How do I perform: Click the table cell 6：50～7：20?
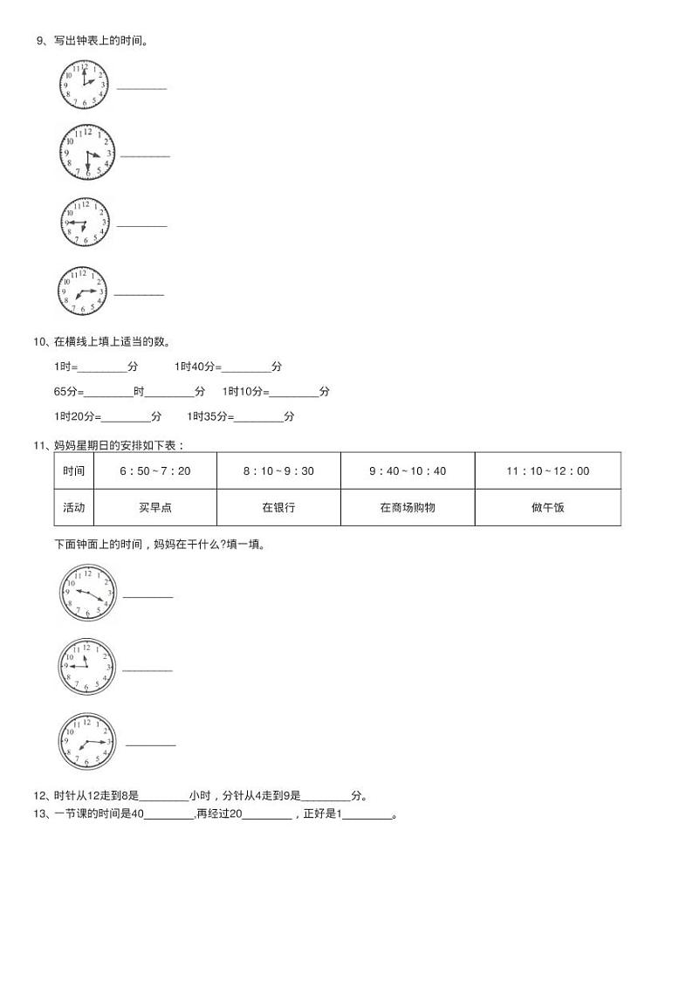tap(155, 470)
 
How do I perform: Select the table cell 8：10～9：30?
tap(278, 470)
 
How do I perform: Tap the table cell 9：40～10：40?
tap(408, 470)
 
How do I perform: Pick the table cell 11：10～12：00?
tap(547, 470)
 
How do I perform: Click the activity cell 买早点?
tap(155, 507)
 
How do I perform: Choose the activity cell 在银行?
tap(278, 507)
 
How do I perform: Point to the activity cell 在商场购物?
tap(408, 507)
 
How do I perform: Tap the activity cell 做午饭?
tap(547, 507)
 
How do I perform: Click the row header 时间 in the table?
tap(74, 470)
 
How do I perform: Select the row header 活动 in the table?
tap(74, 507)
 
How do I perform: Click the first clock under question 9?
tap(84, 85)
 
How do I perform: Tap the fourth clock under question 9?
tap(82, 291)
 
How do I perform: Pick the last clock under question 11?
tap(87, 742)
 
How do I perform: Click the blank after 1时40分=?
tap(246, 367)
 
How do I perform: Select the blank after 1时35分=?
tap(258, 417)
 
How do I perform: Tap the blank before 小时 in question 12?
tap(164, 796)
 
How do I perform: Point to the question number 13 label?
tap(39, 814)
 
